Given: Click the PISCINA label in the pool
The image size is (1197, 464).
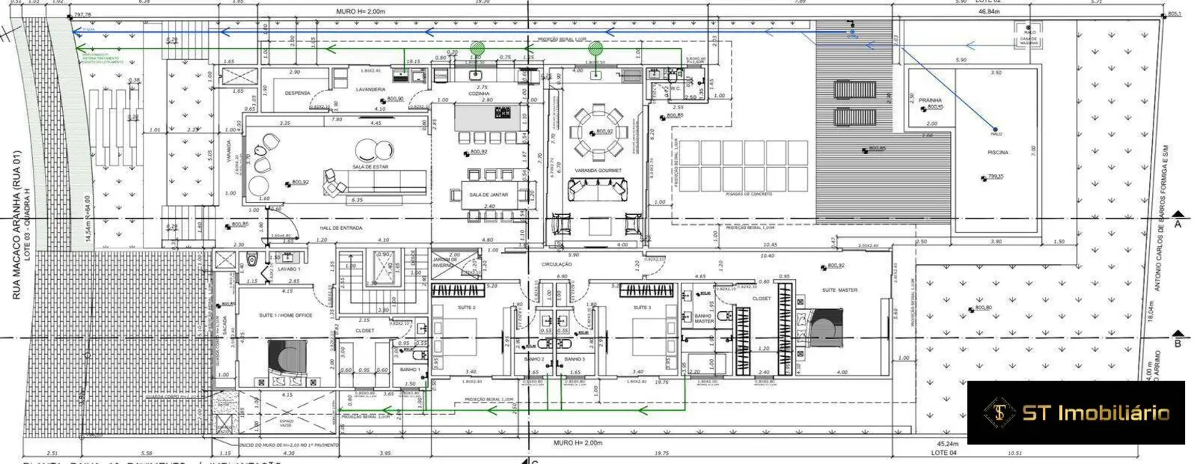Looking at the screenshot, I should coord(998,153).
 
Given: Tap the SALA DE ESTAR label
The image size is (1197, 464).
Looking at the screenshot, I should coord(370,167).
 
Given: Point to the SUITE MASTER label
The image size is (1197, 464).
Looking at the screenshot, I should coord(840,290).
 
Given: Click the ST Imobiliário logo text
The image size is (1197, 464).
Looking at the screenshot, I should coord(1096,413).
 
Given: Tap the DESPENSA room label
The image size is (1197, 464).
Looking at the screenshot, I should coord(297,93).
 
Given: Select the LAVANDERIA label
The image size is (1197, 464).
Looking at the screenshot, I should coord(370,90).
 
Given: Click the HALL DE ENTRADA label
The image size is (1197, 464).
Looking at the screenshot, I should coord(341,228).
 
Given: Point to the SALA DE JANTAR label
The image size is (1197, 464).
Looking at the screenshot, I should coord(488,194).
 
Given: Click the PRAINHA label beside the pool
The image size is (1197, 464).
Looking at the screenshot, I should coord(930,100).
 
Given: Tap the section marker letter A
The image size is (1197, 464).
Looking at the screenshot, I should coord(1178,224).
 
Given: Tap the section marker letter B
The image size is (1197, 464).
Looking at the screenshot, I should coord(1178,344).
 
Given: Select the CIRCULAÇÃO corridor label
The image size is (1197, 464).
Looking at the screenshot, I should coord(557,264).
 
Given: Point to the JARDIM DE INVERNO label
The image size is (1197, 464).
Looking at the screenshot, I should coord(444,262).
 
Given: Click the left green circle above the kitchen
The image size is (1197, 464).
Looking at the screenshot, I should coord(477,49).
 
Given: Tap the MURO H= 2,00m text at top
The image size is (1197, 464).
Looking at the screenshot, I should coord(360,12).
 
